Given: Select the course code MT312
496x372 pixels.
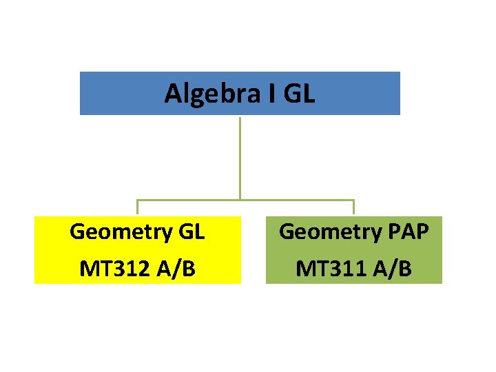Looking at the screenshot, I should click(x=115, y=268).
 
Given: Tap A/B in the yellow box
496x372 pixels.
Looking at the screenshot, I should click(x=176, y=268).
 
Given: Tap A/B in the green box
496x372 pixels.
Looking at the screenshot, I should click(x=392, y=268).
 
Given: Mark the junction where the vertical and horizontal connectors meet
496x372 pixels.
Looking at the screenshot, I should click(x=240, y=200).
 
